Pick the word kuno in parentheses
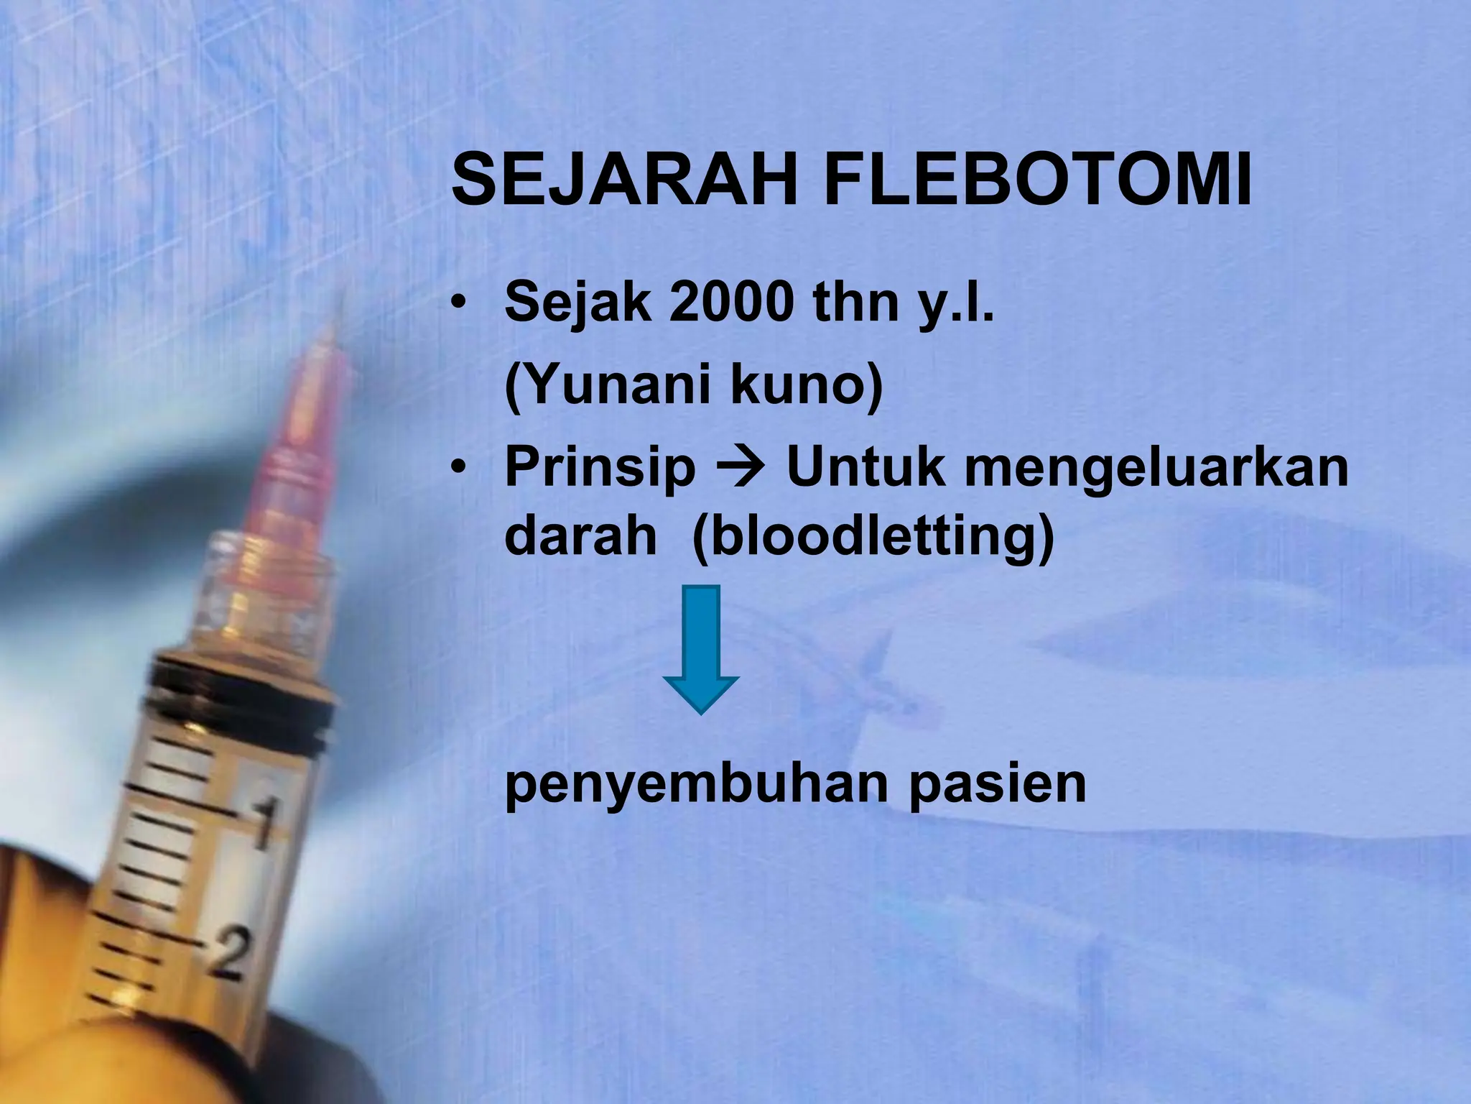tap(804, 385)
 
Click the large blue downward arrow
tap(700, 647)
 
